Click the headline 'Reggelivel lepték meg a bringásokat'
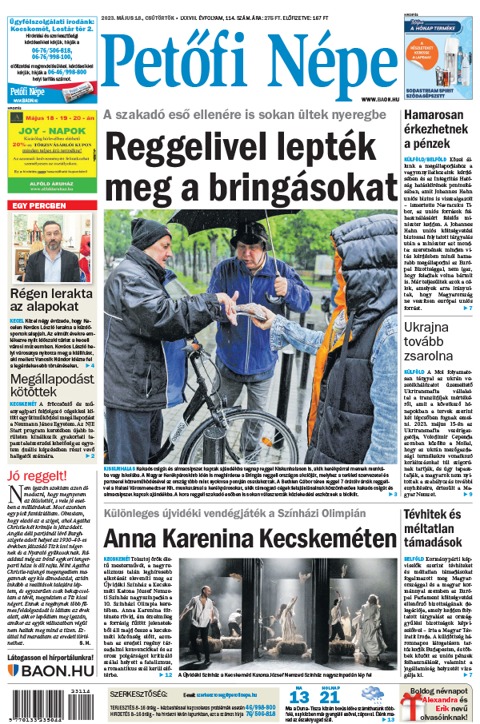250,165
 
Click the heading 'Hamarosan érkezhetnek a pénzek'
439,129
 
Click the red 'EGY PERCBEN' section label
38,205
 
